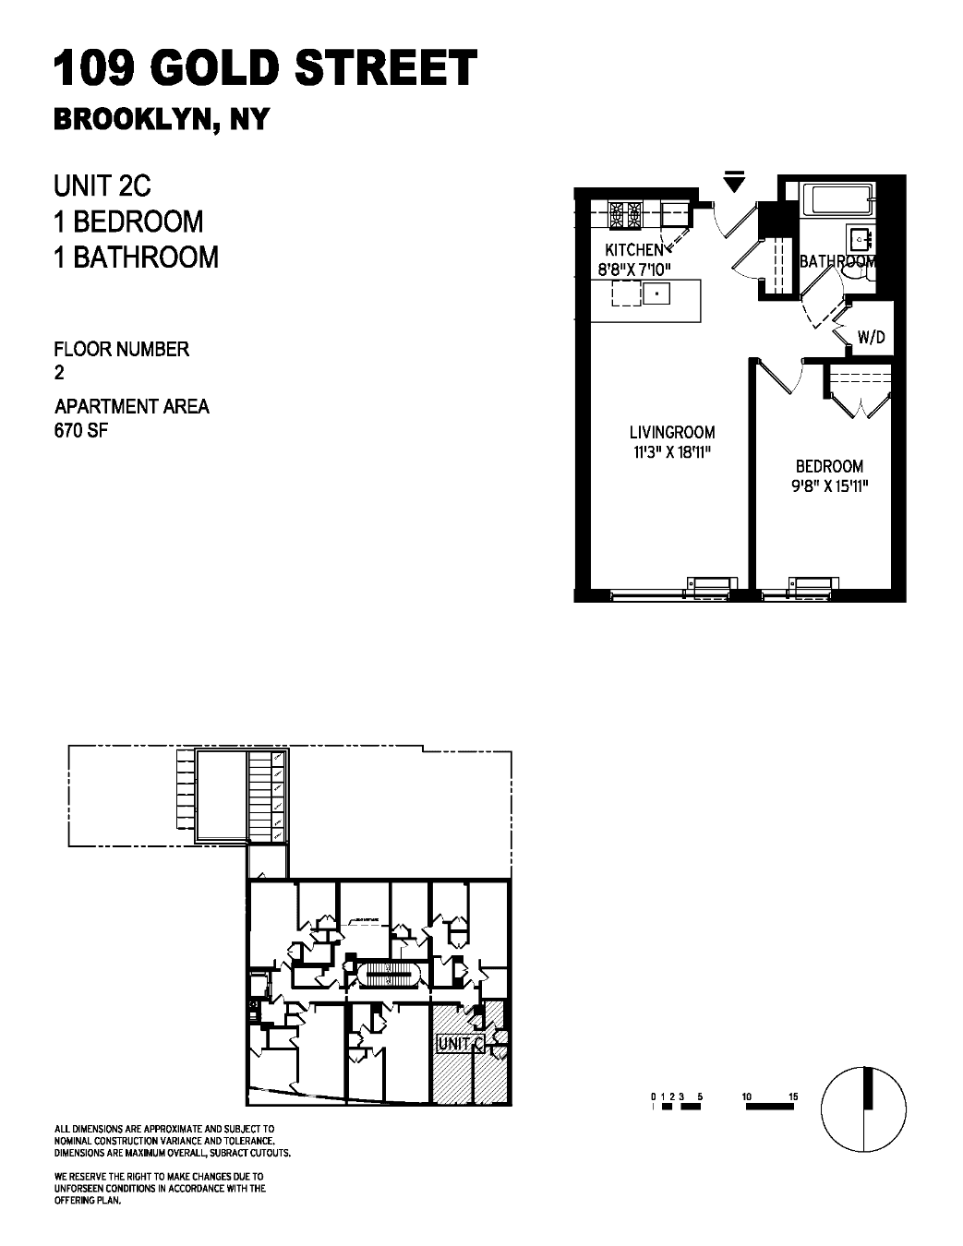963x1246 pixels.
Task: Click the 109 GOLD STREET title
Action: [266, 69]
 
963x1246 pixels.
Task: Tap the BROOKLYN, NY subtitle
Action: [161, 120]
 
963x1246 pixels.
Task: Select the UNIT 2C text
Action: [102, 186]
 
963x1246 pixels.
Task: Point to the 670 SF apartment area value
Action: [81, 430]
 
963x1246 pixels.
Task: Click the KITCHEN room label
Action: [633, 250]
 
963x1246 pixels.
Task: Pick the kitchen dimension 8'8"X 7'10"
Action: [636, 270]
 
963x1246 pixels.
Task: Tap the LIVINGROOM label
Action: [671, 432]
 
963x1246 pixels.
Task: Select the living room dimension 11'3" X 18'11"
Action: [671, 451]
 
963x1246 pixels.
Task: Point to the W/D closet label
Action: [871, 338]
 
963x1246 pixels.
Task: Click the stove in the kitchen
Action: [625, 216]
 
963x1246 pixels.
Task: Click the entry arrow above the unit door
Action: [734, 182]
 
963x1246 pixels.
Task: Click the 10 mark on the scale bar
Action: [747, 1096]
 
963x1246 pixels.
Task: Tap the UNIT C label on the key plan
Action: [460, 1044]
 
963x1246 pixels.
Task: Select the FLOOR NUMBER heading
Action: [122, 349]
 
